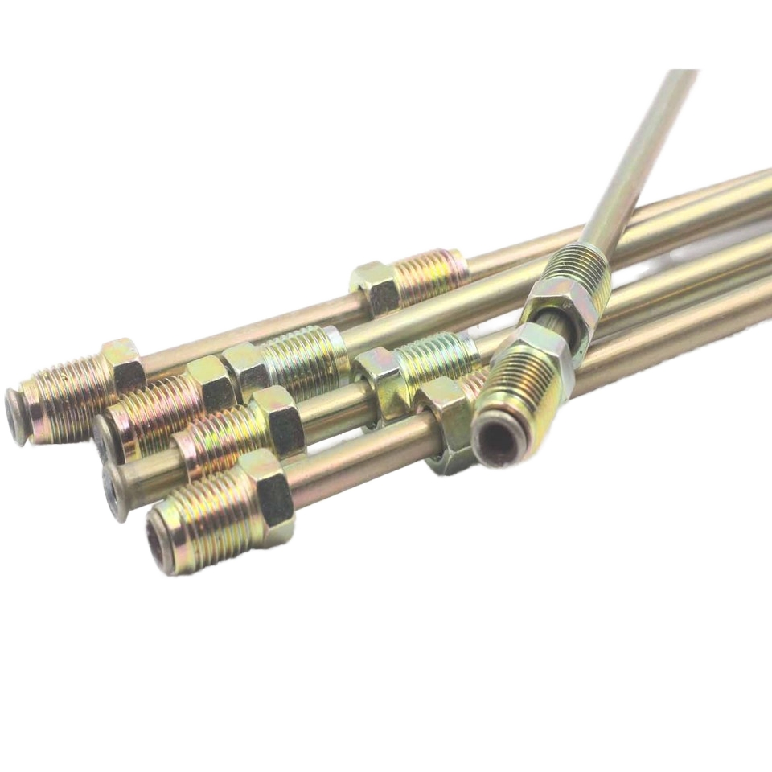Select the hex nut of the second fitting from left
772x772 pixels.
coord(211,384)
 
